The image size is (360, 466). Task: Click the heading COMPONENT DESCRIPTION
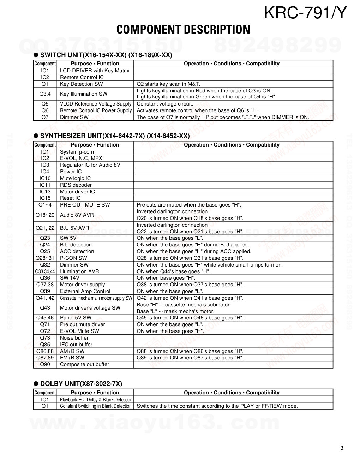pyautogui.click(x=183, y=30)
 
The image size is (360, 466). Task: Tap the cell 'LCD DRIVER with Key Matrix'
pyautogui.click(x=95, y=71)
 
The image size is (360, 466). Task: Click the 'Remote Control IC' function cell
pyautogui.click(x=82, y=77)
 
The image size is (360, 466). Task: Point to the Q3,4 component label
pyautogui.click(x=45, y=94)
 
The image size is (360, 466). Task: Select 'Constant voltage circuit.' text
pyautogui.click(x=165, y=104)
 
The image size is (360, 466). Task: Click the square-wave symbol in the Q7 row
pyautogui.click(x=249, y=117)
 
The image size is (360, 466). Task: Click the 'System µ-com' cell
pyautogui.click(x=77, y=152)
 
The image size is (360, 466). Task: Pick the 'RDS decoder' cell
pyautogui.click(x=76, y=185)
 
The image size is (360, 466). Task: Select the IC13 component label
pyautogui.click(x=45, y=192)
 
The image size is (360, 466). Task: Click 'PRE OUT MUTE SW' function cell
pyautogui.click(x=85, y=205)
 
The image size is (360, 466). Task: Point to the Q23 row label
pyautogui.click(x=45, y=238)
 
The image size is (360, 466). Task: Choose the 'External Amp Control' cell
pyautogui.click(x=85, y=291)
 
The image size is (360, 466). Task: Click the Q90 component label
pyautogui.click(x=45, y=364)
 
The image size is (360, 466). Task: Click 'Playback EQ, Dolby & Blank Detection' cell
pyautogui.click(x=96, y=400)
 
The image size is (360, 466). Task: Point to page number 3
pyautogui.click(x=342, y=448)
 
